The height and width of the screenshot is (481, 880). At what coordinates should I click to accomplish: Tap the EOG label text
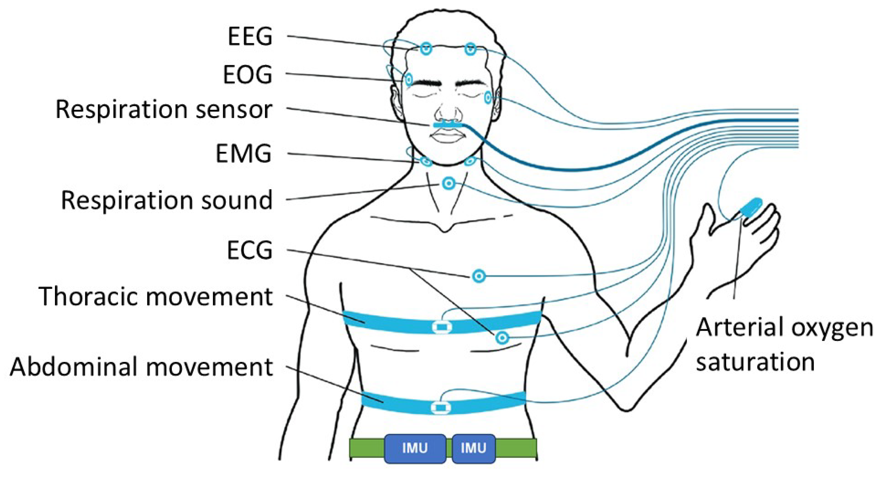point(248,74)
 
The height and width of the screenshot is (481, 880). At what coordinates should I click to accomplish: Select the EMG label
point(244,153)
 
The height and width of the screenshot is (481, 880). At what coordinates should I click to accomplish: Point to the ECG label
point(250,250)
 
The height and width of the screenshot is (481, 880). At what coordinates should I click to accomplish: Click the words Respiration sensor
point(163,109)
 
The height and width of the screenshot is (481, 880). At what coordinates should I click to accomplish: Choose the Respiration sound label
point(166,200)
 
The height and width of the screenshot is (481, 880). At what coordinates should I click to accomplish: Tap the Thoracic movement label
point(155,296)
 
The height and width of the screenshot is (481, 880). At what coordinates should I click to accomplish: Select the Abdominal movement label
point(141,367)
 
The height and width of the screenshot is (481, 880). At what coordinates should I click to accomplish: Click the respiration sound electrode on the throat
point(449,183)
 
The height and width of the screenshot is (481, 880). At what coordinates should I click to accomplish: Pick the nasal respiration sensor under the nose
point(447,125)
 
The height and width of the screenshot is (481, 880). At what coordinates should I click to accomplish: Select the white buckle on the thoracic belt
point(442,327)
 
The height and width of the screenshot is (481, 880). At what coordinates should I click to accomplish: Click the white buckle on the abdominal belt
point(441,407)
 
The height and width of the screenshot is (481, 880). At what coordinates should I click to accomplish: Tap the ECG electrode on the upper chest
point(479,276)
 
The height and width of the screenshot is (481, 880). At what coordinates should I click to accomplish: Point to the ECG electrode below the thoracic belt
point(502,338)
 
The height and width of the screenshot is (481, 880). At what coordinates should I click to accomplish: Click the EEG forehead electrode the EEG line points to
point(426,48)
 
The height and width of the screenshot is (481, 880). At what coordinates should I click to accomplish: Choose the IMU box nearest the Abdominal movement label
point(415,448)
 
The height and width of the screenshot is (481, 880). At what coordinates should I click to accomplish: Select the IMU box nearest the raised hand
point(474,448)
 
